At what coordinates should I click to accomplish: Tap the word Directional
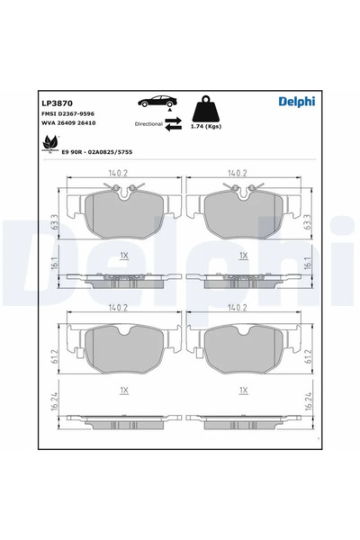point(148,123)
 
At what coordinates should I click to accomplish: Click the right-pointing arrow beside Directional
point(175,117)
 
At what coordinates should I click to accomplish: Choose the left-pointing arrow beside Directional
point(175,128)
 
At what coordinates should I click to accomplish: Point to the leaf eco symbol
point(47,140)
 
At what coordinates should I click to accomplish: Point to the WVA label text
point(49,122)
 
